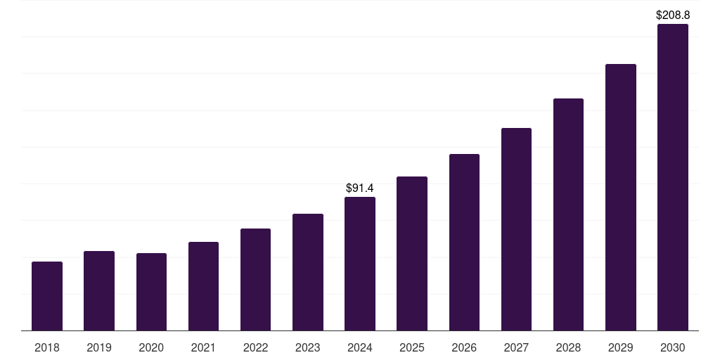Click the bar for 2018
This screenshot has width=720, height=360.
47,296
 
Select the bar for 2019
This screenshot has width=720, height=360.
99,291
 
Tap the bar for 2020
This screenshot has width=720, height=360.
151,292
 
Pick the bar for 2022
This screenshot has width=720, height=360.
255,280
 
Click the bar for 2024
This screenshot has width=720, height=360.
360,264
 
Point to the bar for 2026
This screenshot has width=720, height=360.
464,243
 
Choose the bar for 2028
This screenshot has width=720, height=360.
568,214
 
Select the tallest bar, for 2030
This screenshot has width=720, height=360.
673,177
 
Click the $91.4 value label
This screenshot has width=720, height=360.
360,188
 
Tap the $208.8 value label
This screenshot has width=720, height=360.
673,15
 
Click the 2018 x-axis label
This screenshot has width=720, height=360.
47,347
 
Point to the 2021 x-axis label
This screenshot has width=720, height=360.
203,347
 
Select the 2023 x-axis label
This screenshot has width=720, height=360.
308,347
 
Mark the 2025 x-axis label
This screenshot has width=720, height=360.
412,347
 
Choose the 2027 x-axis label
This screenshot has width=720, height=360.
516,347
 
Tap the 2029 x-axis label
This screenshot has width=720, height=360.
621,347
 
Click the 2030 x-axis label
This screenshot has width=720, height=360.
673,347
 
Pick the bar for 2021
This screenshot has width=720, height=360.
203,286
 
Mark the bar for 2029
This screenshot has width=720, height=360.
621,198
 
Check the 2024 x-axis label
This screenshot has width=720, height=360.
360,347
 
